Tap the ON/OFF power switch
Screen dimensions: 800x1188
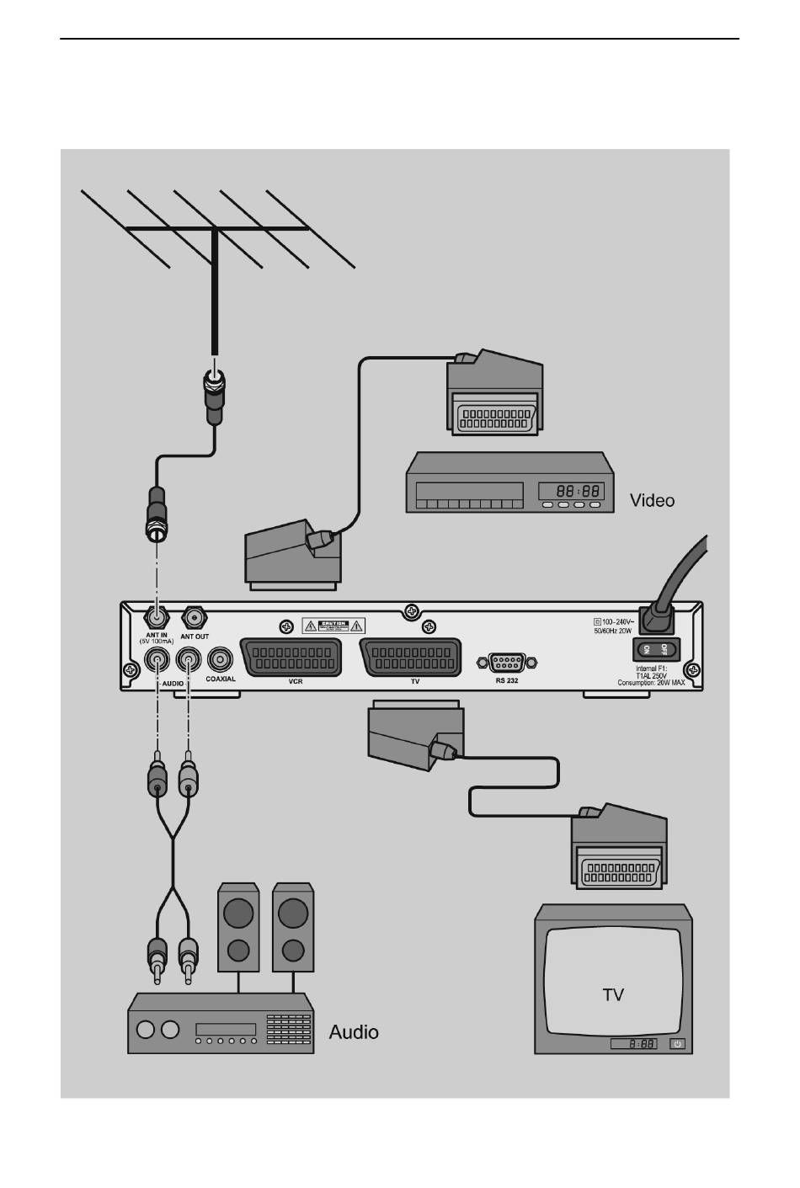654,649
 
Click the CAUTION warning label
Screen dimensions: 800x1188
333,626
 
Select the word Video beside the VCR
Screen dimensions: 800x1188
652,500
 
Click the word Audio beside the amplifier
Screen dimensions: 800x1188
354,1031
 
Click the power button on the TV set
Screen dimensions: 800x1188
679,1044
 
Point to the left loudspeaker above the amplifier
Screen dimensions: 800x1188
238,925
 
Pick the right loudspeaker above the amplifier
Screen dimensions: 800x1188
293,925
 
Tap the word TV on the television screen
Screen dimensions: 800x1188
613,994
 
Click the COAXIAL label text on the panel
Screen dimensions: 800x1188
221,679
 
